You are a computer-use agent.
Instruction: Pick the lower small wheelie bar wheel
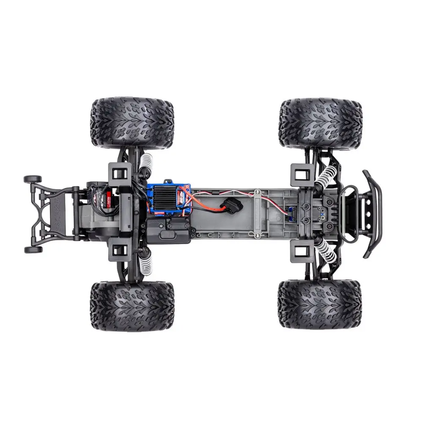coord(33,250)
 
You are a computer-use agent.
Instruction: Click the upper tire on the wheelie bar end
coord(132,123)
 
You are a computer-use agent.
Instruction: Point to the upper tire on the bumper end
coord(320,124)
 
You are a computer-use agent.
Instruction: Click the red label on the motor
coord(109,197)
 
